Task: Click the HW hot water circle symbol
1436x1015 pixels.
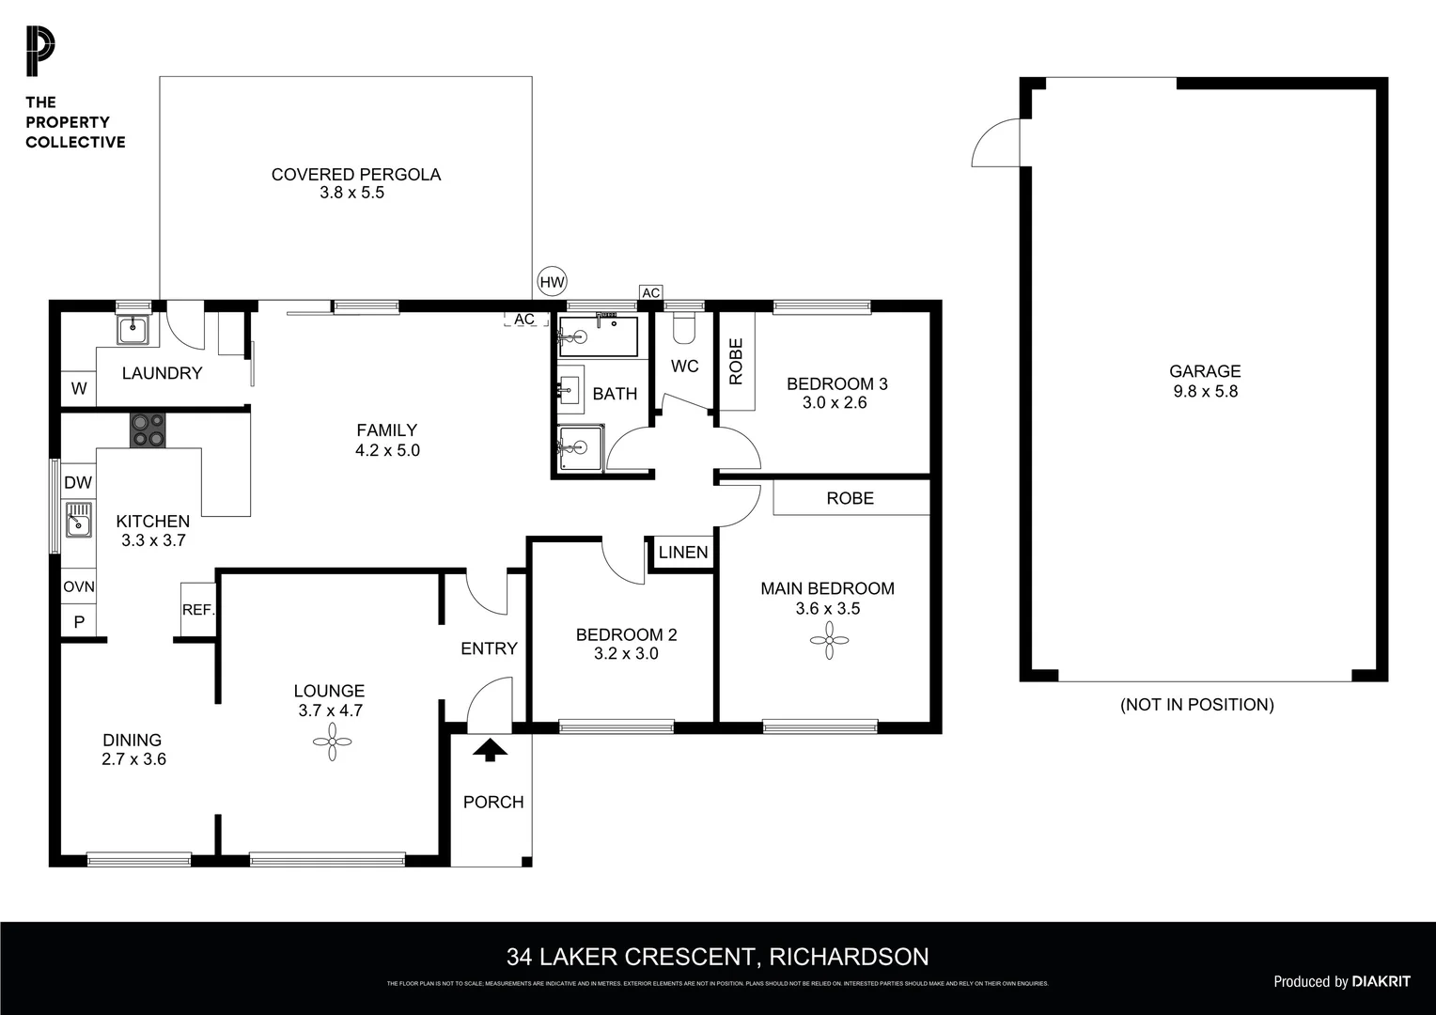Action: pyautogui.click(x=553, y=281)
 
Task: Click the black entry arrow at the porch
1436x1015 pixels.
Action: pyautogui.click(x=490, y=749)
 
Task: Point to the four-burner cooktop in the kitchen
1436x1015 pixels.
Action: pyautogui.click(x=148, y=430)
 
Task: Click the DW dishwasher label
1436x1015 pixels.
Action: pyautogui.click(x=78, y=483)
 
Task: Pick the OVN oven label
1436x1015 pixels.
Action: pyautogui.click(x=79, y=587)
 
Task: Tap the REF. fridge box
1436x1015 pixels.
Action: pyautogui.click(x=198, y=610)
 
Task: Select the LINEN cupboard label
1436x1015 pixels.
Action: pyautogui.click(x=683, y=553)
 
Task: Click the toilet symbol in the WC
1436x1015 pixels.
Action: pyautogui.click(x=684, y=326)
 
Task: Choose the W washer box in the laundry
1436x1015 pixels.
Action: pyautogui.click(x=79, y=388)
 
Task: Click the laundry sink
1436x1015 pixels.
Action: pyautogui.click(x=133, y=328)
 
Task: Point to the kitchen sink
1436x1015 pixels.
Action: pyautogui.click(x=79, y=520)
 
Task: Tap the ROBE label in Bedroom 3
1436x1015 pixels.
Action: pyautogui.click(x=737, y=361)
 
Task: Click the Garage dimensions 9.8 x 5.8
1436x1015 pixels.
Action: pyautogui.click(x=1205, y=392)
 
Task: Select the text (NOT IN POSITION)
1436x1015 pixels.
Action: pyautogui.click(x=1196, y=705)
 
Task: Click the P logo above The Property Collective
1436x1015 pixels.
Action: pyautogui.click(x=40, y=53)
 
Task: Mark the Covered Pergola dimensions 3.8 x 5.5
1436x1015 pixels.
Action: pyautogui.click(x=352, y=193)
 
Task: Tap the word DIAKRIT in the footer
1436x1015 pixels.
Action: pyautogui.click(x=1381, y=981)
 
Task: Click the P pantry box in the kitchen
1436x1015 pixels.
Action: pyautogui.click(x=79, y=622)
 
